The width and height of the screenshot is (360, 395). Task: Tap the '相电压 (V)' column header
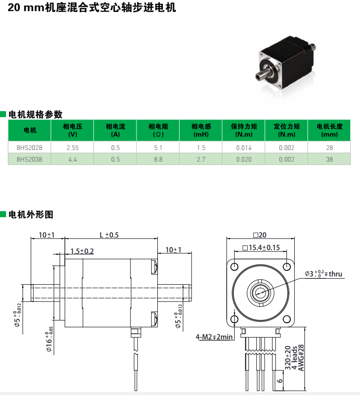click(72, 130)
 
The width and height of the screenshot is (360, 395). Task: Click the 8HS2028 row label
click(29, 148)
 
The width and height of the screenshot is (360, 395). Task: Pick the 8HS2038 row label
click(29, 159)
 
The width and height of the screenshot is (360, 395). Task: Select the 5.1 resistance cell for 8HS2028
click(158, 148)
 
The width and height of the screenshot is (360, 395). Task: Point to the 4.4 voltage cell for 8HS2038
click(72, 159)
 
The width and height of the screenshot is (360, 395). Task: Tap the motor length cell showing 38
click(329, 159)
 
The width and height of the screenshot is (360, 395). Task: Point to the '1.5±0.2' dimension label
click(82, 251)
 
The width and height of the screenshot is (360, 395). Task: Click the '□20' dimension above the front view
click(260, 235)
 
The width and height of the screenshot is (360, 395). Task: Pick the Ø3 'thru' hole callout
click(323, 274)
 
